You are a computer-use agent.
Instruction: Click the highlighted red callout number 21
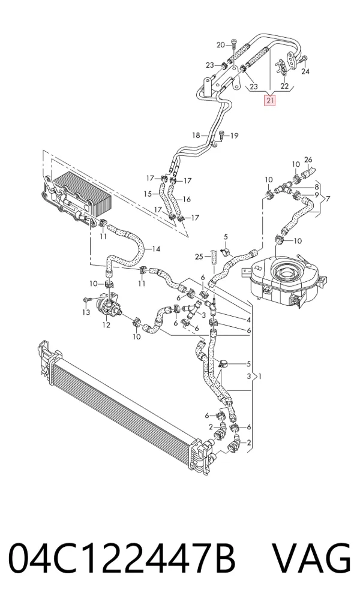pyautogui.click(x=270, y=101)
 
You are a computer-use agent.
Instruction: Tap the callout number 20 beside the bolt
pyautogui.click(x=221, y=45)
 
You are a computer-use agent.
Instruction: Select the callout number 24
pyautogui.click(x=305, y=71)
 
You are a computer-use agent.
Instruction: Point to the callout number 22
pyautogui.click(x=284, y=86)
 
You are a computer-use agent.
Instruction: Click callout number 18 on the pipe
pyautogui.click(x=196, y=136)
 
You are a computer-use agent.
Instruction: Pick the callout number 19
pyautogui.click(x=234, y=136)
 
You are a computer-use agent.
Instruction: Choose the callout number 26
pyautogui.click(x=308, y=159)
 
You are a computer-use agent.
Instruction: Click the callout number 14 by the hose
pyautogui.click(x=155, y=249)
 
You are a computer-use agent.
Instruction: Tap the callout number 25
pyautogui.click(x=199, y=257)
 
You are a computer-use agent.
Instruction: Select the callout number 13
pyautogui.click(x=86, y=312)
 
